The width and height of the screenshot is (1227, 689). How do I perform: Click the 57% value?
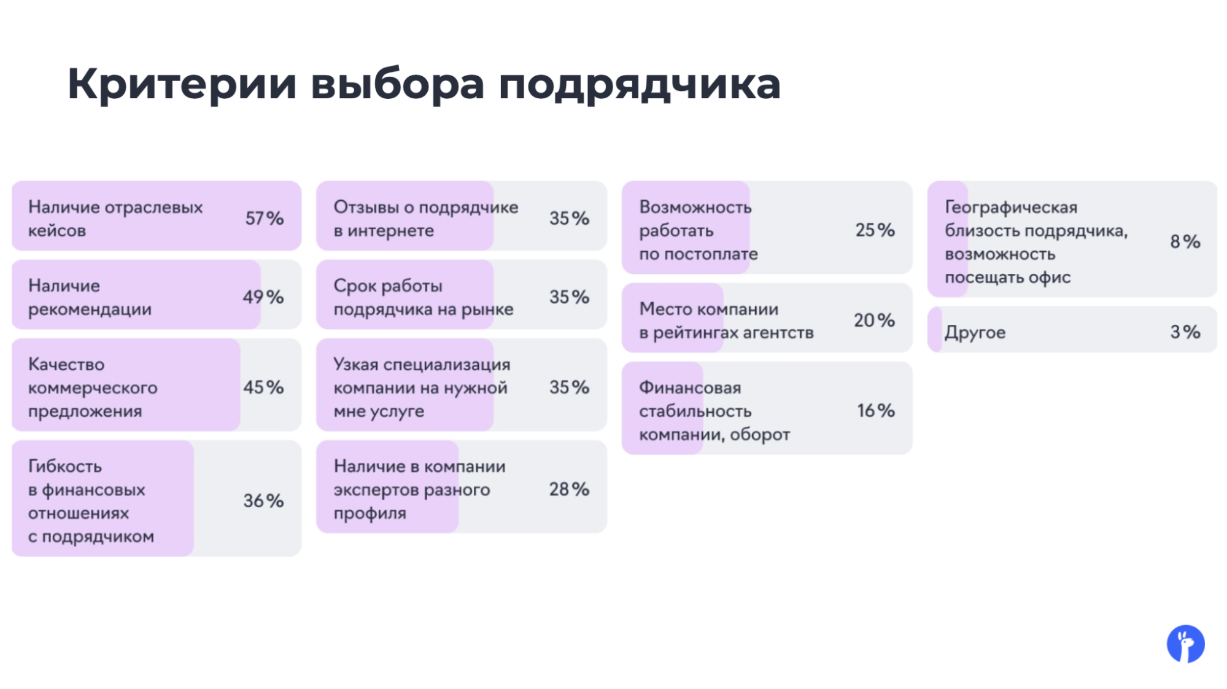coord(264,218)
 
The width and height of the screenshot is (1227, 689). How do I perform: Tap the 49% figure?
coord(263,297)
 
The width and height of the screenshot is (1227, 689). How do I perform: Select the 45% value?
coord(263,387)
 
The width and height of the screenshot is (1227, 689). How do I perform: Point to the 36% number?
coord(263,500)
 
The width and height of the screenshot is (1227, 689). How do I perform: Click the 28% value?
coord(568,489)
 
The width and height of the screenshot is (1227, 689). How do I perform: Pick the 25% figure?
coord(875,230)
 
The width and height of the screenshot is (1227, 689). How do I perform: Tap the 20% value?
coord(874,320)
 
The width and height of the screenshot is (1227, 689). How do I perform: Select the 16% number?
coord(875,410)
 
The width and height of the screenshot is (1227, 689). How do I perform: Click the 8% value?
coord(1185,241)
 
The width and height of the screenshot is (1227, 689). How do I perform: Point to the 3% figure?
coord(1185,332)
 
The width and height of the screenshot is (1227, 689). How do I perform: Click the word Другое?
coord(975,332)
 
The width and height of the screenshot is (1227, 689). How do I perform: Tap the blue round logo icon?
coord(1185,644)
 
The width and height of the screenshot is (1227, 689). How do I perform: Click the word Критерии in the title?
coord(182,84)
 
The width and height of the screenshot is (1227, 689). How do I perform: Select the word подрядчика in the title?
coord(639,85)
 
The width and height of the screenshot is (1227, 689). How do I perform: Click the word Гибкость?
coord(65,466)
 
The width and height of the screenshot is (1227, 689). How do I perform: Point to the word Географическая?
coord(1011,207)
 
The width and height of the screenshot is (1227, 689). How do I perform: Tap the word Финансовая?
coord(690,387)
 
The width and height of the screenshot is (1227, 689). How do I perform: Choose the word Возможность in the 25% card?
coord(695,207)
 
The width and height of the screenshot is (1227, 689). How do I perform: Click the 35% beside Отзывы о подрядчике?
coord(568,218)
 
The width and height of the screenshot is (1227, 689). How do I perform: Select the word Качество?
coord(66,364)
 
